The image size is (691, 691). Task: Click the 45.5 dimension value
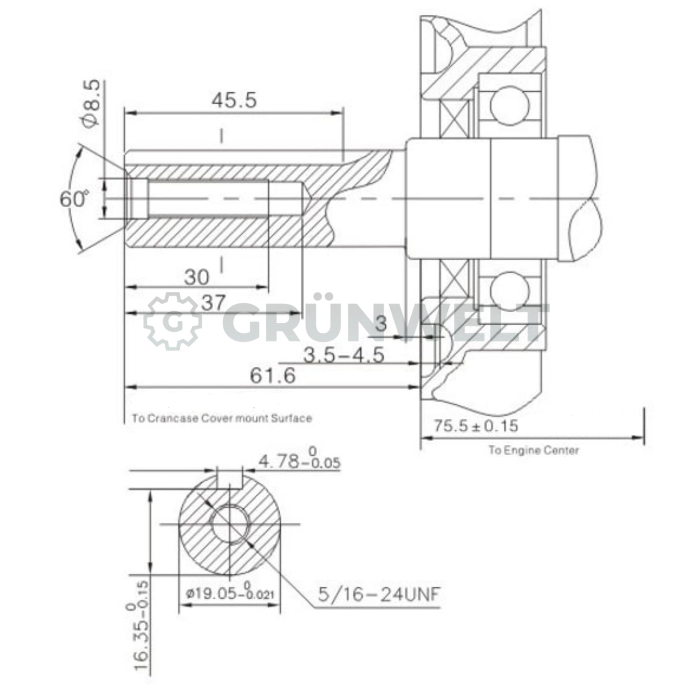[x=234, y=100]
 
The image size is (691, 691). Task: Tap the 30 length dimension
[x=197, y=277]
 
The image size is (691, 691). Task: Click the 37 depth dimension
[x=213, y=302]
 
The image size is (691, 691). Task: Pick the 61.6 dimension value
[x=273, y=375]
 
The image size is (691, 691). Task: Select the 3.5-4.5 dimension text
[x=344, y=355]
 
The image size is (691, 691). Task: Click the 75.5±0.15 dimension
[x=475, y=425]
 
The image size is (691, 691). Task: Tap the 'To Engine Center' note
[x=533, y=450]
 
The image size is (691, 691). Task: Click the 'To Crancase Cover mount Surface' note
[x=222, y=418]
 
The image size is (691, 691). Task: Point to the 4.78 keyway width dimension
[x=299, y=461]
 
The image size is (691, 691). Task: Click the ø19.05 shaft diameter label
[x=230, y=593]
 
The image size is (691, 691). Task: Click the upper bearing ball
[x=510, y=105]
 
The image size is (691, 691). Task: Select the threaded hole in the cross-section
[x=230, y=524]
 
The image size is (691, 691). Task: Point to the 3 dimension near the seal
[x=381, y=324]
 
